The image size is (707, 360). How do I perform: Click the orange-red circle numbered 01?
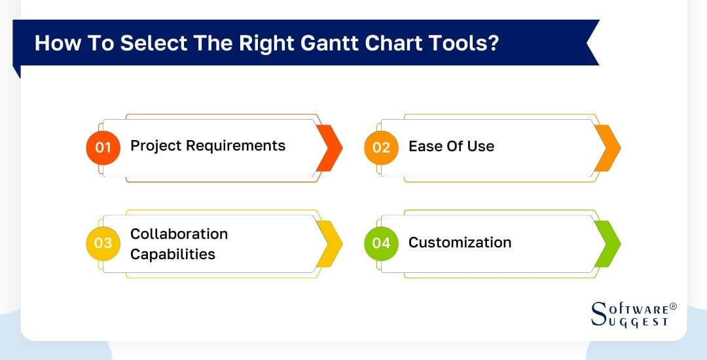point(103,147)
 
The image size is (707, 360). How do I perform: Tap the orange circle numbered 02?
point(381,147)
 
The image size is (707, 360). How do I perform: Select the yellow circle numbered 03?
point(103,243)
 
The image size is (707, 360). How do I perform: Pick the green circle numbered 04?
point(381,243)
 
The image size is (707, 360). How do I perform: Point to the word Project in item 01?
point(154,146)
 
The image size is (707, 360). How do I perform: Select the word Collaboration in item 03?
point(179,234)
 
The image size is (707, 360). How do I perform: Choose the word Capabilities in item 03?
point(172,254)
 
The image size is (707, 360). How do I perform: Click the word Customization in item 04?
point(460,242)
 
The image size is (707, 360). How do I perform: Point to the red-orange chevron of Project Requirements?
point(329,148)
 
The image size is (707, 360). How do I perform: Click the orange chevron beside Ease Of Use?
point(607,148)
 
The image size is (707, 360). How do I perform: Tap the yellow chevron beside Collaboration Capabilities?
point(329,243)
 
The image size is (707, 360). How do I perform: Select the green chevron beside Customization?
point(607,243)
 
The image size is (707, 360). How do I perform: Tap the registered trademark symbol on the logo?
point(674,306)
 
